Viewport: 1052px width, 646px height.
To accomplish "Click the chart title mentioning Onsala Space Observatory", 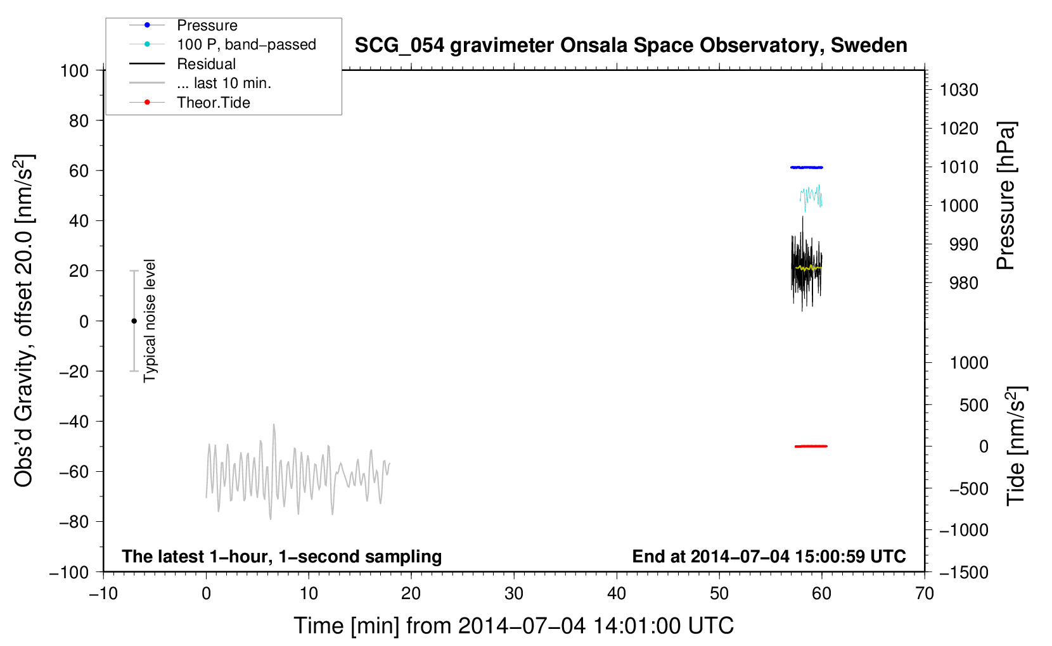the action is pyautogui.click(x=631, y=46).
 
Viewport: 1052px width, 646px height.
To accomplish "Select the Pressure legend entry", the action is pyautogui.click(x=183, y=25).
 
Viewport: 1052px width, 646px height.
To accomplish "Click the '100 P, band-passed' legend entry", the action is pyautogui.click(x=222, y=44).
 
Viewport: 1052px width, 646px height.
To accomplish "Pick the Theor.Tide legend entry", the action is pyautogui.click(x=189, y=103).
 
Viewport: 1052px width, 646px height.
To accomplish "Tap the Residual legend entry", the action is pyautogui.click(x=183, y=63).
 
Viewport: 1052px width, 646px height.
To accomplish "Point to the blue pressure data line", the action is pyautogui.click(x=806, y=167).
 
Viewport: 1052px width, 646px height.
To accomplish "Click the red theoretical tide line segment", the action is pyautogui.click(x=811, y=446).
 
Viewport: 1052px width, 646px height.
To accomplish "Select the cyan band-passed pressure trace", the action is pyautogui.click(x=811, y=197).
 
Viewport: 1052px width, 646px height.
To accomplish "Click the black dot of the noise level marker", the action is pyautogui.click(x=134, y=321).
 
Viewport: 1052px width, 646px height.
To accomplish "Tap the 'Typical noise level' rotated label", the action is pyautogui.click(x=149, y=320).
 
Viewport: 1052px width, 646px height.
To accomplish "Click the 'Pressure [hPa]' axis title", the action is pyautogui.click(x=1006, y=196).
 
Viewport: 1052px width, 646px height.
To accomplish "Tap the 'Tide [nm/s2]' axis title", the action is pyautogui.click(x=1016, y=446).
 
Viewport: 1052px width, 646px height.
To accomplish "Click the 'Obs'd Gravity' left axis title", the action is pyautogui.click(x=23, y=321).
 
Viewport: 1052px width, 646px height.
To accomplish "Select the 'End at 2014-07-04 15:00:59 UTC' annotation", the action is pyautogui.click(x=769, y=556).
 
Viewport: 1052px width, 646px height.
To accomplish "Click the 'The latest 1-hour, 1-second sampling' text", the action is pyautogui.click(x=282, y=557).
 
